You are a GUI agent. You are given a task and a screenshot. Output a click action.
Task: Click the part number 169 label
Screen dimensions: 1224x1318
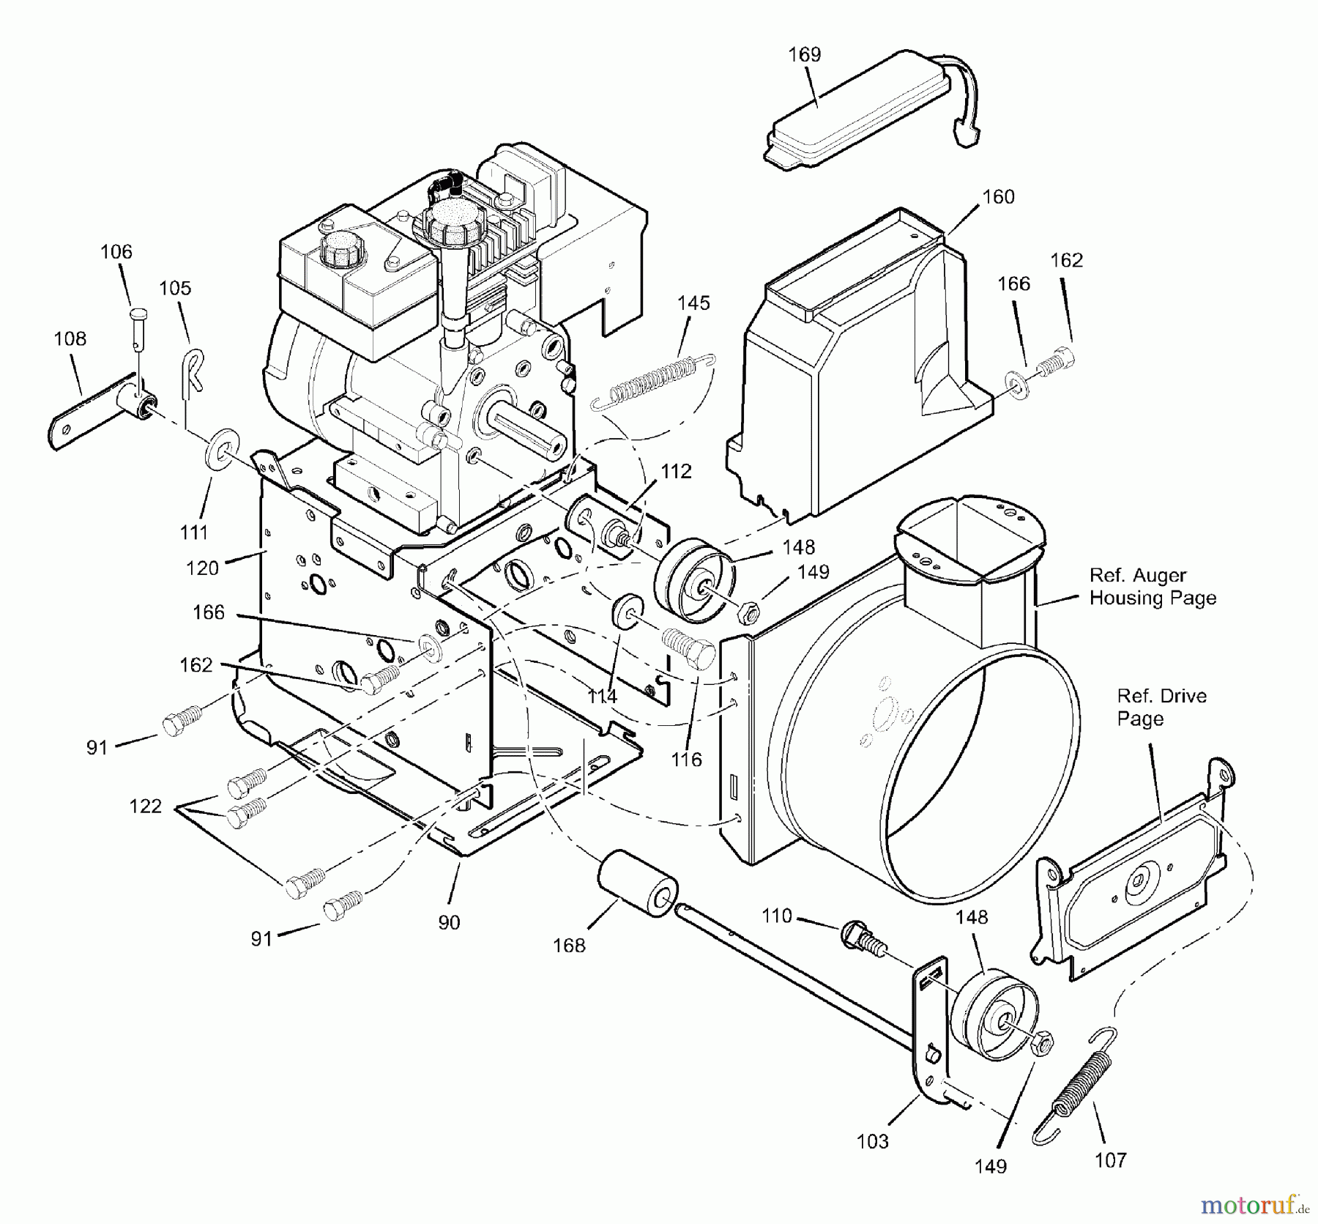pyautogui.click(x=804, y=54)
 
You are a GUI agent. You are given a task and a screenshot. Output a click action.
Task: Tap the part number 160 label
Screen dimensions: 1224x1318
pyautogui.click(x=998, y=196)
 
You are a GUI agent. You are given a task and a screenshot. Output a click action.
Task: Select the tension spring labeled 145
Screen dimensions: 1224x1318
pyautogui.click(x=653, y=381)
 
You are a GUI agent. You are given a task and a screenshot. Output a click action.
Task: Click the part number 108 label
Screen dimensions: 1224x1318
pyautogui.click(x=70, y=338)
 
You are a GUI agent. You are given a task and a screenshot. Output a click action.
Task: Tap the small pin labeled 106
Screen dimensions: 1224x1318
pyautogui.click(x=138, y=316)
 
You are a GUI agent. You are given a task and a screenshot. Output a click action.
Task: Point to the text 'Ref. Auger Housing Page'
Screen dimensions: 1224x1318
pyautogui.click(x=1152, y=587)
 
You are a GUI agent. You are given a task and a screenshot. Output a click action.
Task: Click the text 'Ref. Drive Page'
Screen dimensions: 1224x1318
pyautogui.click(x=1161, y=707)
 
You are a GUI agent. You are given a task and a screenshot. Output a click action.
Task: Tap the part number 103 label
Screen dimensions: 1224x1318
pyautogui.click(x=872, y=1141)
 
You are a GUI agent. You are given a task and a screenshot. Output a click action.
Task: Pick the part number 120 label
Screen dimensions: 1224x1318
pyautogui.click(x=202, y=568)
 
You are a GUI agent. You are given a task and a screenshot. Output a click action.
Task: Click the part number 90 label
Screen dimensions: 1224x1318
pyautogui.click(x=449, y=922)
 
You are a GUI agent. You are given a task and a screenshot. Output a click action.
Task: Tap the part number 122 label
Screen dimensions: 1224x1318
pyautogui.click(x=145, y=806)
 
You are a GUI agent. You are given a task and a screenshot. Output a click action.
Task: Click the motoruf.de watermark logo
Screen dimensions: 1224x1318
pyautogui.click(x=1253, y=1203)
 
